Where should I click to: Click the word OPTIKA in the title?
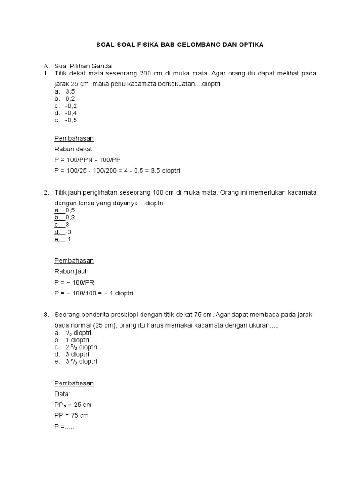click(x=251, y=45)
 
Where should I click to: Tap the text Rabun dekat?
click(x=74, y=149)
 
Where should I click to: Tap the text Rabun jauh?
click(x=72, y=271)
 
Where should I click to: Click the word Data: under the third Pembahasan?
click(x=63, y=394)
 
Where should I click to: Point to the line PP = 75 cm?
click(x=72, y=415)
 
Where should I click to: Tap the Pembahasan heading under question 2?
click(x=74, y=261)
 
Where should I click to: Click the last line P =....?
click(x=65, y=427)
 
